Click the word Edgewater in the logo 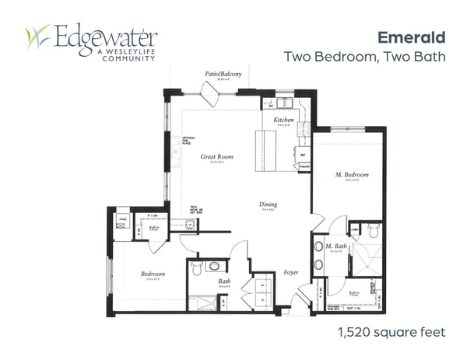106,36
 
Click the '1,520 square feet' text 392,333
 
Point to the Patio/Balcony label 223,73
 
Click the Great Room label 216,157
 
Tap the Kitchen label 283,121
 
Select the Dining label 269,205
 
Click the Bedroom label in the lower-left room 152,274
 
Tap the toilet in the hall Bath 197,267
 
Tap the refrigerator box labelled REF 304,156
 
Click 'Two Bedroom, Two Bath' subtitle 363,57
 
